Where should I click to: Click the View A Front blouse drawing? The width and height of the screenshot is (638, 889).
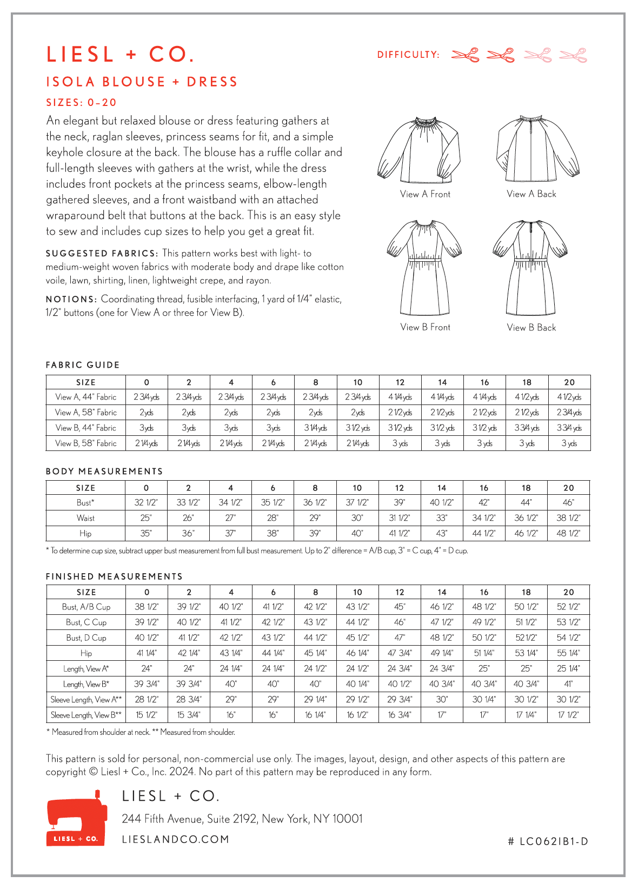click(x=419, y=149)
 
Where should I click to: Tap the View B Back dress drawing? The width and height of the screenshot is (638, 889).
click(x=530, y=268)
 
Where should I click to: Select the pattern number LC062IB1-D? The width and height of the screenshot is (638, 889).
click(x=548, y=841)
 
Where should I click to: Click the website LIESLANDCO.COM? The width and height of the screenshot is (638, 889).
click(x=176, y=839)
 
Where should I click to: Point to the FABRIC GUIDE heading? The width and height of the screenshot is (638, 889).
click(x=83, y=365)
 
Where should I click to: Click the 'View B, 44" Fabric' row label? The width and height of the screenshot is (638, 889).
click(x=86, y=428)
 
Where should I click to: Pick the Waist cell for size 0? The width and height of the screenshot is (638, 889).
click(x=146, y=518)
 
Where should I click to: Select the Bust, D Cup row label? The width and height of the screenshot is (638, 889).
click(x=86, y=638)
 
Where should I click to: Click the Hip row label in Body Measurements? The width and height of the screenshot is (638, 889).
click(x=85, y=534)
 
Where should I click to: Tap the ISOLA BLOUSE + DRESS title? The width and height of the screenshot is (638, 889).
click(x=142, y=82)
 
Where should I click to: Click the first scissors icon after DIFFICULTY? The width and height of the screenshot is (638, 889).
click(x=465, y=55)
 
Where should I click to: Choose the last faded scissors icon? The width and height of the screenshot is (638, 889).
click(x=573, y=55)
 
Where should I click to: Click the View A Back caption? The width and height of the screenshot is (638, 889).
click(x=531, y=194)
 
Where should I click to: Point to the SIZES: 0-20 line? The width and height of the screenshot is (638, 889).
click(x=81, y=103)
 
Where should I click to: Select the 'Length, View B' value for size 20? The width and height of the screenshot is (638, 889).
click(x=569, y=684)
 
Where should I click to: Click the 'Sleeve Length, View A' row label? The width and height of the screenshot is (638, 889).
click(x=86, y=700)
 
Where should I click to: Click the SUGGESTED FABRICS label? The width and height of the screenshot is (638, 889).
click(x=102, y=254)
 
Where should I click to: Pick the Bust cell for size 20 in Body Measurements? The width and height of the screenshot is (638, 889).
click(x=569, y=502)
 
